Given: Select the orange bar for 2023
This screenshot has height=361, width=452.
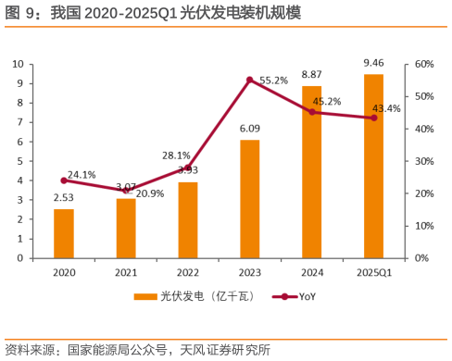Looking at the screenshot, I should [249, 198].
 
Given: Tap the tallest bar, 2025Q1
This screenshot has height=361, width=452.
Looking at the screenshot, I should [373, 166].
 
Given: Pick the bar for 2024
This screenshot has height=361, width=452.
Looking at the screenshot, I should [311, 171].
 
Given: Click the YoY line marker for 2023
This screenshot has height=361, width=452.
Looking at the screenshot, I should [250, 80].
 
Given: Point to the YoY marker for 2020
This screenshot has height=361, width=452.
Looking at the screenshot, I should [64, 180].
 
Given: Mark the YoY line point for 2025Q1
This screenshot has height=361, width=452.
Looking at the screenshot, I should [374, 118].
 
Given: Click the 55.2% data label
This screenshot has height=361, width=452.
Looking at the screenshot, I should [273, 81].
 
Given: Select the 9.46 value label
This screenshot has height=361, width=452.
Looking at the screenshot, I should [374, 63].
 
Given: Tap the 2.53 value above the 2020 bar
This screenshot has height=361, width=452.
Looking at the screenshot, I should [64, 197].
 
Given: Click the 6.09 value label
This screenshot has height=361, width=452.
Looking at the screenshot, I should [250, 129].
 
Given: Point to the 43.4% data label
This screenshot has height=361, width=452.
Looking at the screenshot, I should [386, 108].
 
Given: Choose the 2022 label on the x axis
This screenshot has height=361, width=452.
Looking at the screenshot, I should [188, 273].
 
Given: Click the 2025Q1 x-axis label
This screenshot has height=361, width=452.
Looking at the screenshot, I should [374, 273].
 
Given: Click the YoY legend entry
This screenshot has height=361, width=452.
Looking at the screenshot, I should [297, 296].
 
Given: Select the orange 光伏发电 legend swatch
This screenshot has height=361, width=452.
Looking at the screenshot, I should [146, 296].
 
